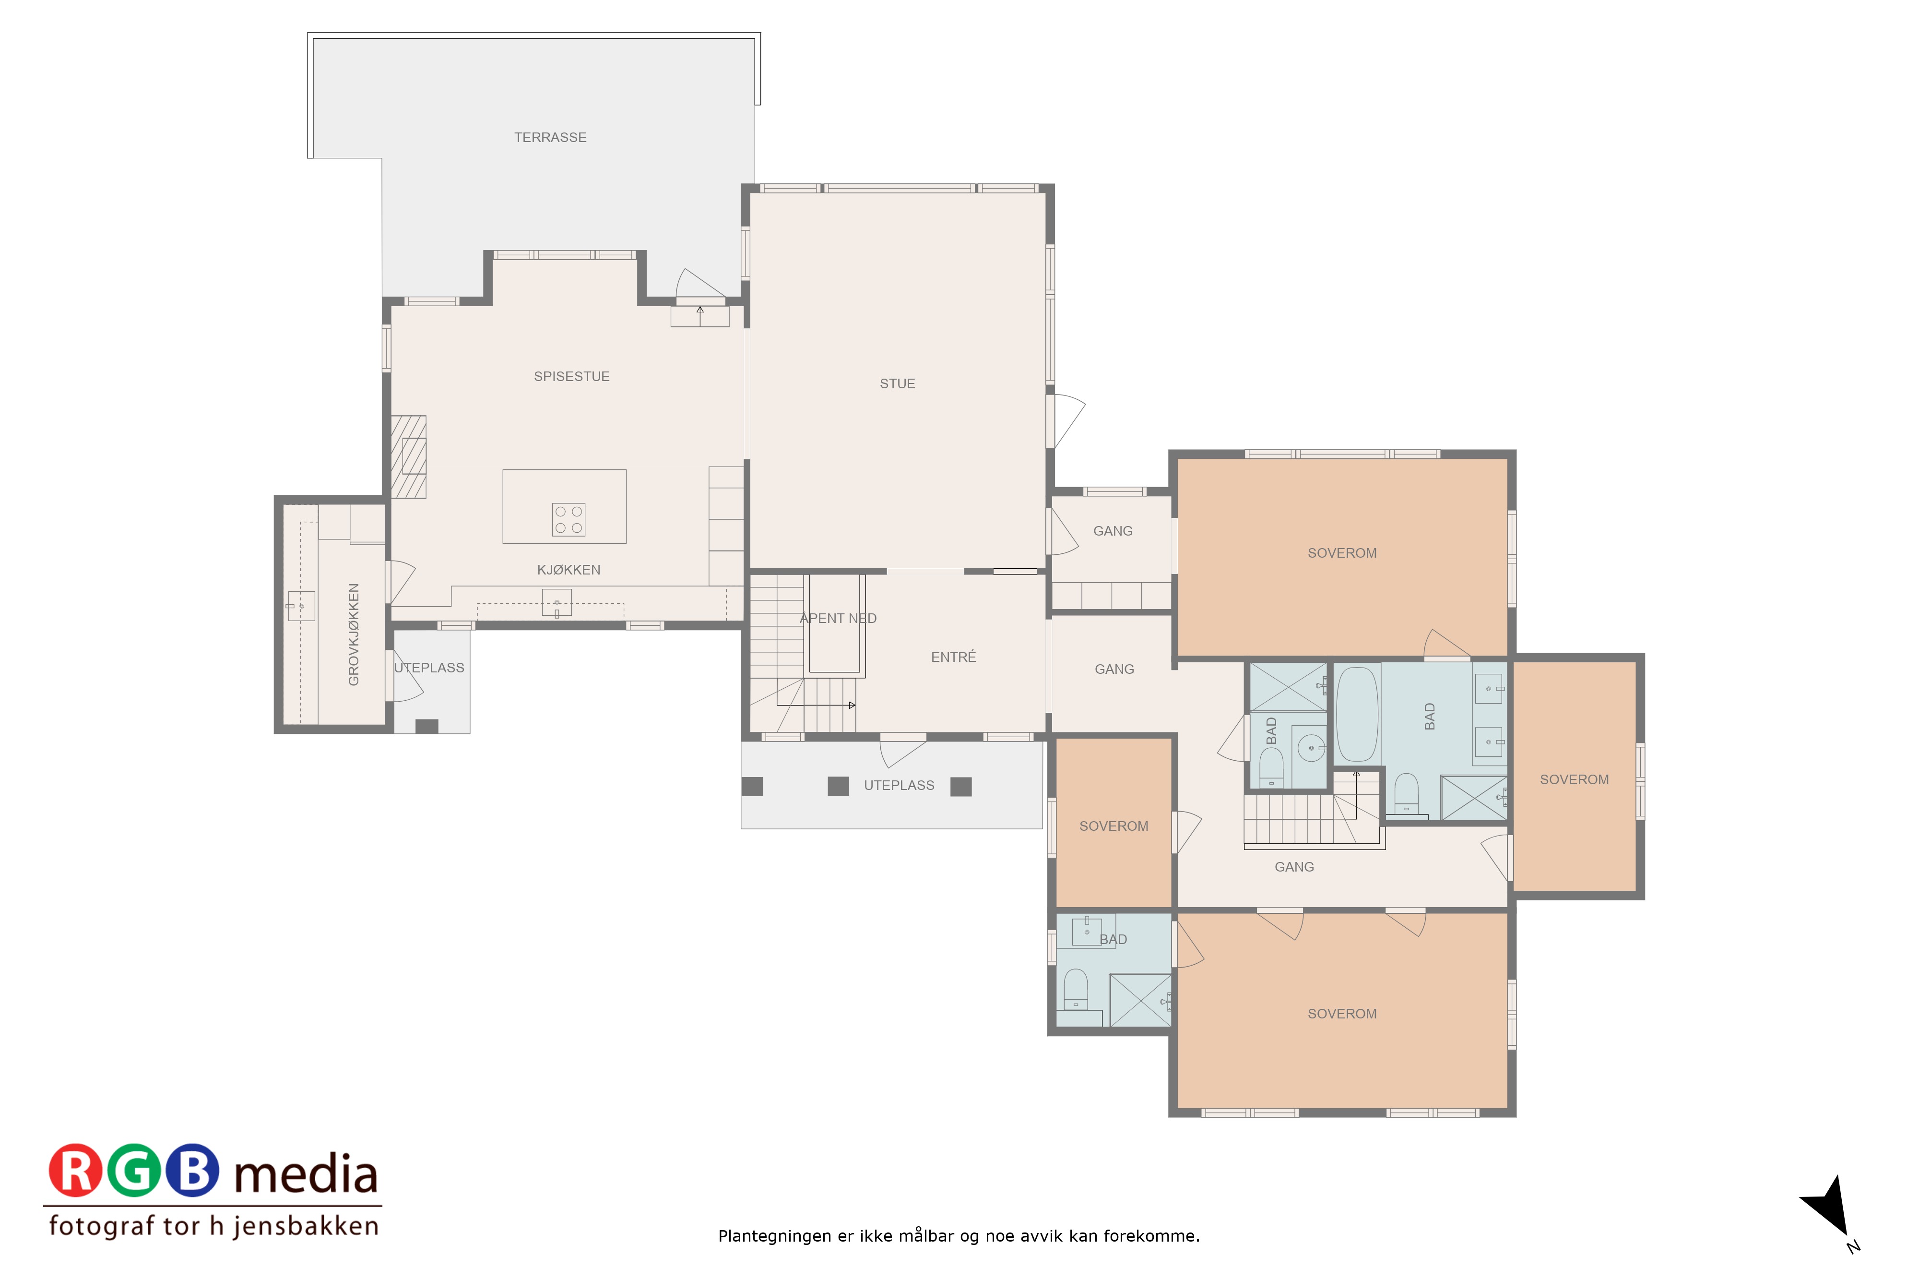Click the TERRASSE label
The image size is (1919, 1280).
pos(550,137)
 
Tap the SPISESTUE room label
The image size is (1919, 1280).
pos(571,376)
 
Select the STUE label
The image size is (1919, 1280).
pos(897,383)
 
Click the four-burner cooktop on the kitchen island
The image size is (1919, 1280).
pos(568,519)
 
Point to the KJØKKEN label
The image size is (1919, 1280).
pos(569,570)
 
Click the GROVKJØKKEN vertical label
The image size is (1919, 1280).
pos(353,634)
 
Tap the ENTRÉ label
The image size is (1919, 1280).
pos(953,657)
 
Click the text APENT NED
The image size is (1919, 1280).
pos(838,618)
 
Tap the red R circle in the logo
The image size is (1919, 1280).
pos(76,1170)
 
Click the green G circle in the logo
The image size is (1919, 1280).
pos(134,1170)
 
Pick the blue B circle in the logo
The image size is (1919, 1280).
pos(192,1170)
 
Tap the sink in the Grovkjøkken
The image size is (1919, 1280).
pos(301,606)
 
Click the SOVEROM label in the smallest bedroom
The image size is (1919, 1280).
pos(1113,826)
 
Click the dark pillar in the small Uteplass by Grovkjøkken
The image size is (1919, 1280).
pos(426,727)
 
